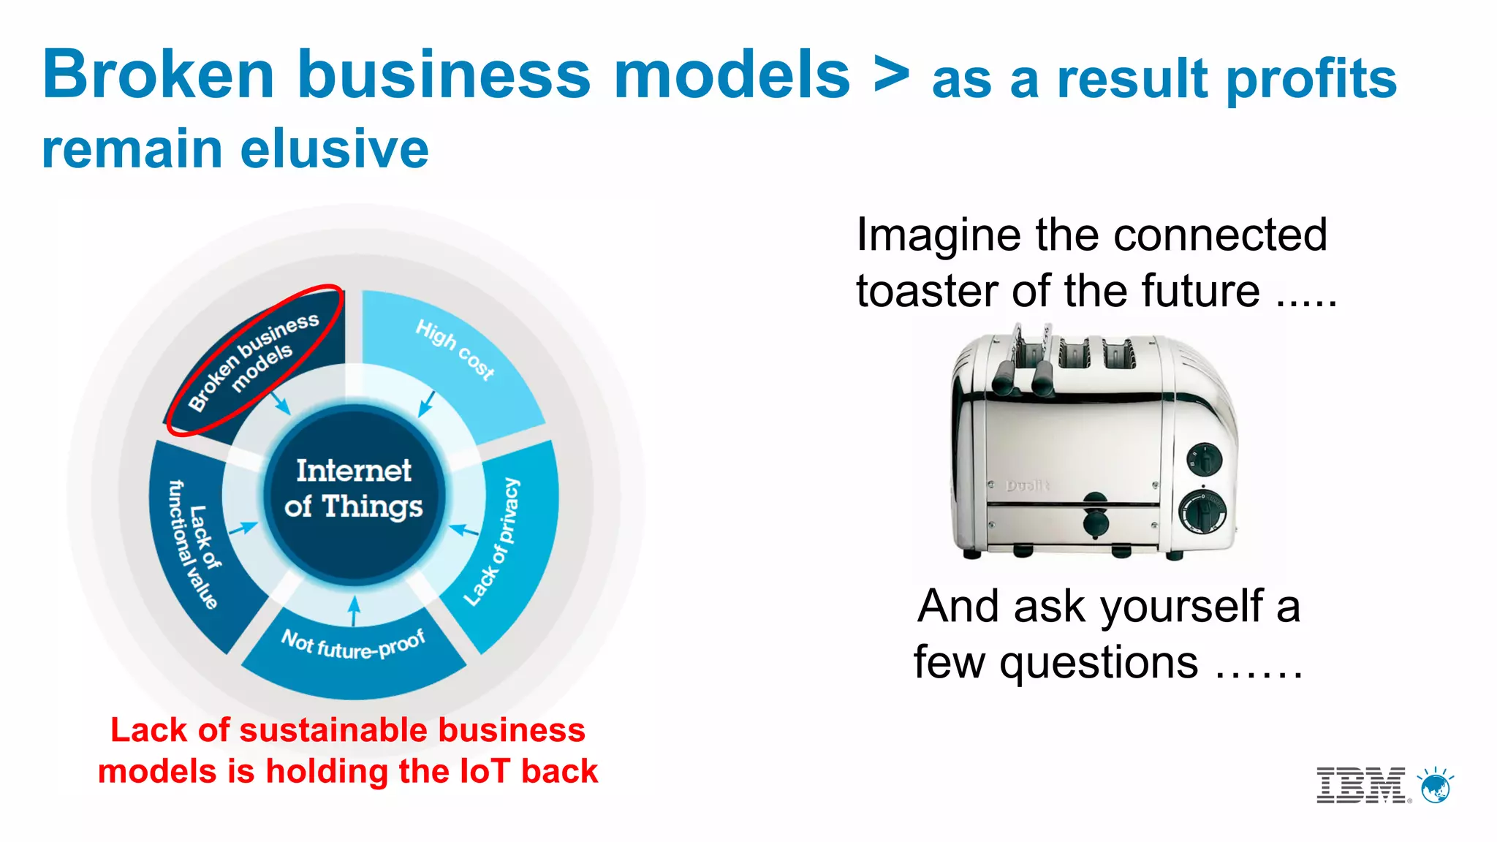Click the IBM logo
coord(1361,786)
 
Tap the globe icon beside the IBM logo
coord(1436,786)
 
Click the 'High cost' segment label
coord(455,349)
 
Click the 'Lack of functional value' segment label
coord(193,545)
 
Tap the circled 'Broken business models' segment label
coord(253,361)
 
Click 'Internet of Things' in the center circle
coord(354,488)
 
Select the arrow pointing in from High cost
coord(426,403)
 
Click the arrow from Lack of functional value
coord(243,528)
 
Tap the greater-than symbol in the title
coord(892,75)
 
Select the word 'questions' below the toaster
coord(1099,662)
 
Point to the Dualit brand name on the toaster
coord(1027,485)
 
